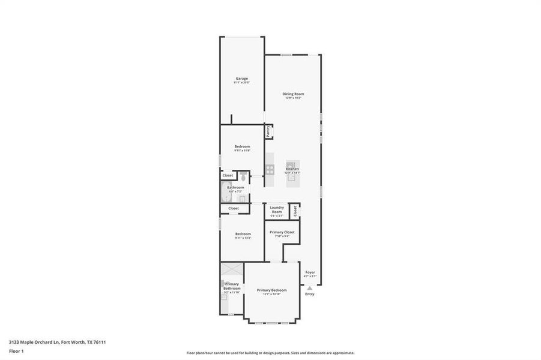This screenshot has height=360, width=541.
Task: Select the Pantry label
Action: [268, 130]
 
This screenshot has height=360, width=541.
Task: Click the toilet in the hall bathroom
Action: [243, 177]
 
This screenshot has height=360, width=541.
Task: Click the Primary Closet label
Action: [282, 233]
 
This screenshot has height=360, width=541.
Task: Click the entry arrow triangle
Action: [310, 288]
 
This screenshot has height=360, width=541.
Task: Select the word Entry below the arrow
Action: [310, 294]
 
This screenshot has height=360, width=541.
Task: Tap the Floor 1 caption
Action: [16, 350]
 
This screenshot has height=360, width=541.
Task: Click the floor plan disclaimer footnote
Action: [270, 353]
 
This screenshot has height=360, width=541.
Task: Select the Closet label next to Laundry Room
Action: [295, 211]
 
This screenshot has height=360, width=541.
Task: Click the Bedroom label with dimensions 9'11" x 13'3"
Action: [243, 235]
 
